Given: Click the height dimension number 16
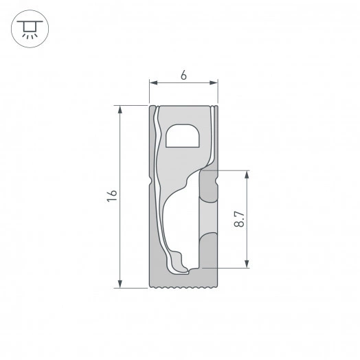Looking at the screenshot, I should pyautogui.click(x=111, y=196).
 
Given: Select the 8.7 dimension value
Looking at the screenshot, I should pyautogui.click(x=238, y=218).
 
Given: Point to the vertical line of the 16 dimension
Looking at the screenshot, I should pyautogui.click(x=120, y=196).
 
